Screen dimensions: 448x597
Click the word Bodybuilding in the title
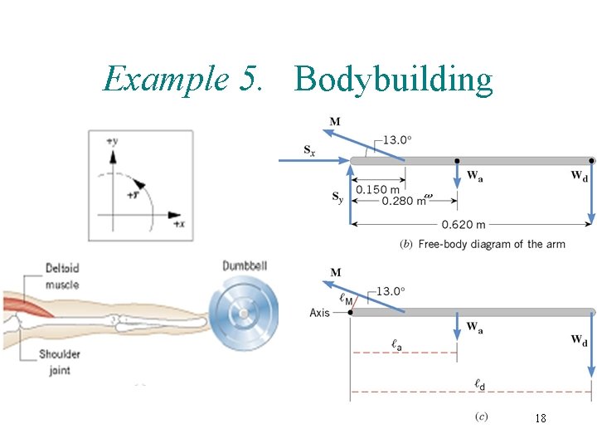click(x=394, y=80)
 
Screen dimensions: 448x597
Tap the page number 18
click(x=540, y=419)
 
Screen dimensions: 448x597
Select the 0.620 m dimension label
click(x=464, y=224)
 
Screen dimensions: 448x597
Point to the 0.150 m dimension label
click(x=377, y=190)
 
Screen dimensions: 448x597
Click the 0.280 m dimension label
click(x=405, y=200)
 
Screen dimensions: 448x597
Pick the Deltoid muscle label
click(x=62, y=275)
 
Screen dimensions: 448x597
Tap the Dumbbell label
click(x=245, y=265)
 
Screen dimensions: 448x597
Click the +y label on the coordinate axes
click(x=112, y=142)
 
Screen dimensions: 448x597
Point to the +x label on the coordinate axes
click(x=177, y=224)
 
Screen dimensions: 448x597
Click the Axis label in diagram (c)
click(x=320, y=313)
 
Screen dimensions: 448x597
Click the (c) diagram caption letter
click(x=482, y=416)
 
